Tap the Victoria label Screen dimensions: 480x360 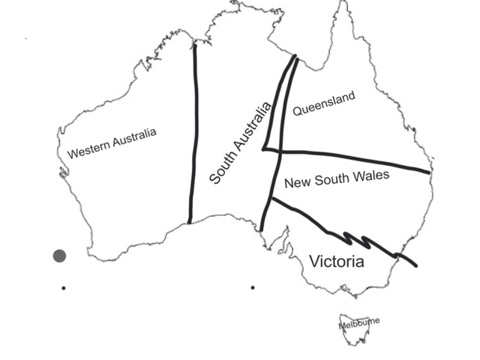tap(337, 262)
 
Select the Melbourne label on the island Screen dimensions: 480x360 tap(359, 323)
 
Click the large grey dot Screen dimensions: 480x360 tap(59, 256)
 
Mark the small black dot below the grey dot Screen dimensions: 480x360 tap(64, 287)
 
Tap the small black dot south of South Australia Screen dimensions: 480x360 tap(253, 287)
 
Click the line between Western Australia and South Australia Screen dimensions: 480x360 tap(193, 135)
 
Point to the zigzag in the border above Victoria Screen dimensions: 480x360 tap(364, 241)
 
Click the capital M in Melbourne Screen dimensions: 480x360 tap(342, 326)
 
